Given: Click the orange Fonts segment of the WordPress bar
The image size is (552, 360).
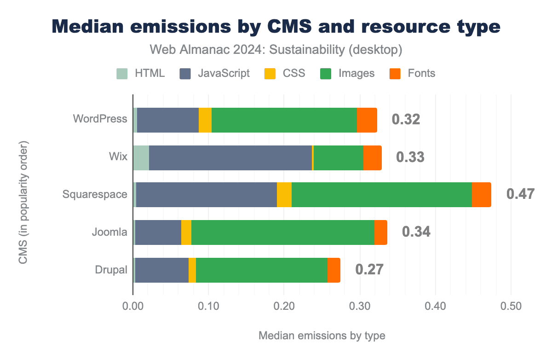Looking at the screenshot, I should click(367, 120).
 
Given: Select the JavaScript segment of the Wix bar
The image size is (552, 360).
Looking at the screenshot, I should click(230, 157).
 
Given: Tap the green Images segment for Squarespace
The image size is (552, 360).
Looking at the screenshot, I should click(381, 195).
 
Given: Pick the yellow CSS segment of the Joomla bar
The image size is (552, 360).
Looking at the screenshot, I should click(186, 232).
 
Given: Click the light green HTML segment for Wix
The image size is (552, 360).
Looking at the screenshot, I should click(141, 157).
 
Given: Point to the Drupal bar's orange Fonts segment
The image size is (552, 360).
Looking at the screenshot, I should click(334, 270).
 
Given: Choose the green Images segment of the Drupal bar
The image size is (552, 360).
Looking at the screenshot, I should click(261, 270).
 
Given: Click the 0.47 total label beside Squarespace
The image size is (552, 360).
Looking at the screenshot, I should click(520, 194).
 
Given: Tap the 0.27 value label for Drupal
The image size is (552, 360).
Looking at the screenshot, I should click(369, 269).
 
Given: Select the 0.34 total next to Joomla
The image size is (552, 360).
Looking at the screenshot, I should click(416, 232).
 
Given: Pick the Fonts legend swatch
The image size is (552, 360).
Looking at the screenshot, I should click(395, 73).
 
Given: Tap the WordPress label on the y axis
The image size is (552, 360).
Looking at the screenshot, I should click(100, 119).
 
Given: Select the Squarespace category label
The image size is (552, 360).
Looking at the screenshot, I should click(95, 194).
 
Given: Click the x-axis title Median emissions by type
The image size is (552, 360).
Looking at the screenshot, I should click(322, 336).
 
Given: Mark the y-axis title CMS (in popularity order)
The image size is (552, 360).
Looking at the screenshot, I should click(23, 203).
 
